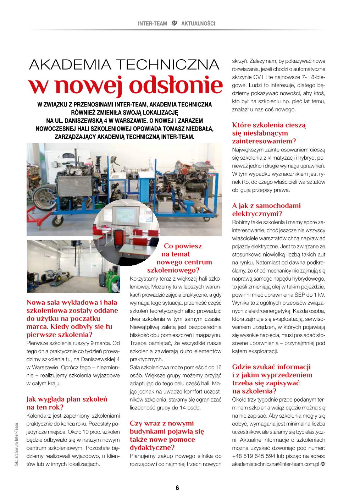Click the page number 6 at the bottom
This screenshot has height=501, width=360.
pos(177,488)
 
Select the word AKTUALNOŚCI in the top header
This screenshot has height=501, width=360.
pos(198,24)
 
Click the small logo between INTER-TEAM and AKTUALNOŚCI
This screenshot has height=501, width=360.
pos(174,24)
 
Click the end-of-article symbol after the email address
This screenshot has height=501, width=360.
pos(323,464)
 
